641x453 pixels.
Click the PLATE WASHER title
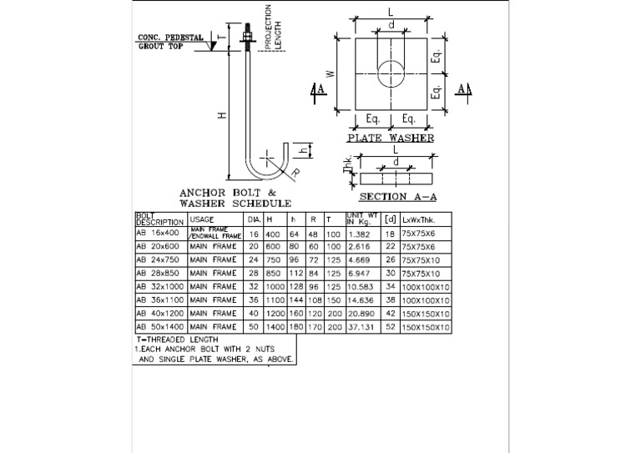(390, 138)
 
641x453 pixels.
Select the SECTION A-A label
(397, 198)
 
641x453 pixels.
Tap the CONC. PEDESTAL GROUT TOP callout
(170, 42)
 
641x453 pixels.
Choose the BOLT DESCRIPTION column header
(159, 219)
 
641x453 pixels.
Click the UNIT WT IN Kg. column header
(362, 219)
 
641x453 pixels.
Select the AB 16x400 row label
(158, 234)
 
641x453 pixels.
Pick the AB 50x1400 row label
(160, 327)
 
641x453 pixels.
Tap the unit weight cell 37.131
(361, 327)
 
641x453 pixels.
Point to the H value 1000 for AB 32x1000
(275, 287)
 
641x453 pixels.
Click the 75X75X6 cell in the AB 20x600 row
(417, 247)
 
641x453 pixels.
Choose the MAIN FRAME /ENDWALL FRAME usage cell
(215, 234)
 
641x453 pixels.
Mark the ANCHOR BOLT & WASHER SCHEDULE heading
(235, 197)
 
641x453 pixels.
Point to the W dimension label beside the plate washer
(331, 73)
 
